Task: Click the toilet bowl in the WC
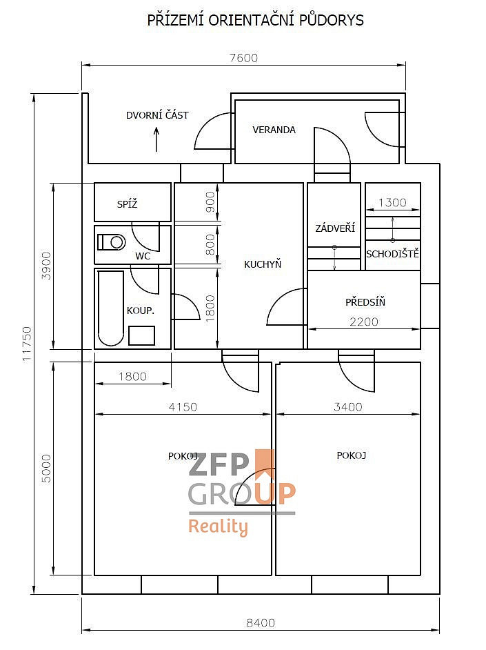click(x=112, y=242)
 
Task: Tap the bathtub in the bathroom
click(x=111, y=308)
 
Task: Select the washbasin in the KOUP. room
click(x=141, y=335)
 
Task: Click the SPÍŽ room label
click(x=127, y=204)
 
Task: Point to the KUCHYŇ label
click(x=263, y=264)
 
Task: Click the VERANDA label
click(x=274, y=130)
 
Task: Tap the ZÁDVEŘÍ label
click(x=335, y=228)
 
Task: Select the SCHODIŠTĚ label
click(x=392, y=253)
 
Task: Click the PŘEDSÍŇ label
click(x=365, y=302)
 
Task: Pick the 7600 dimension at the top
click(x=243, y=58)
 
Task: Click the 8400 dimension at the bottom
click(x=261, y=622)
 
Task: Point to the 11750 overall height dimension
click(x=27, y=344)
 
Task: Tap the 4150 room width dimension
click(x=183, y=406)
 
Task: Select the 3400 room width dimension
click(x=347, y=406)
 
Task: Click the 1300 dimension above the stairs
click(x=392, y=202)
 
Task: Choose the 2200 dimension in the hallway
click(x=364, y=322)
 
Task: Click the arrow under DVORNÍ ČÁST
click(x=156, y=139)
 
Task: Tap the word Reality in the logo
click(x=218, y=527)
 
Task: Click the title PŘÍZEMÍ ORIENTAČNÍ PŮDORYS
click(x=256, y=20)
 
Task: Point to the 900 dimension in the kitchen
click(x=211, y=202)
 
